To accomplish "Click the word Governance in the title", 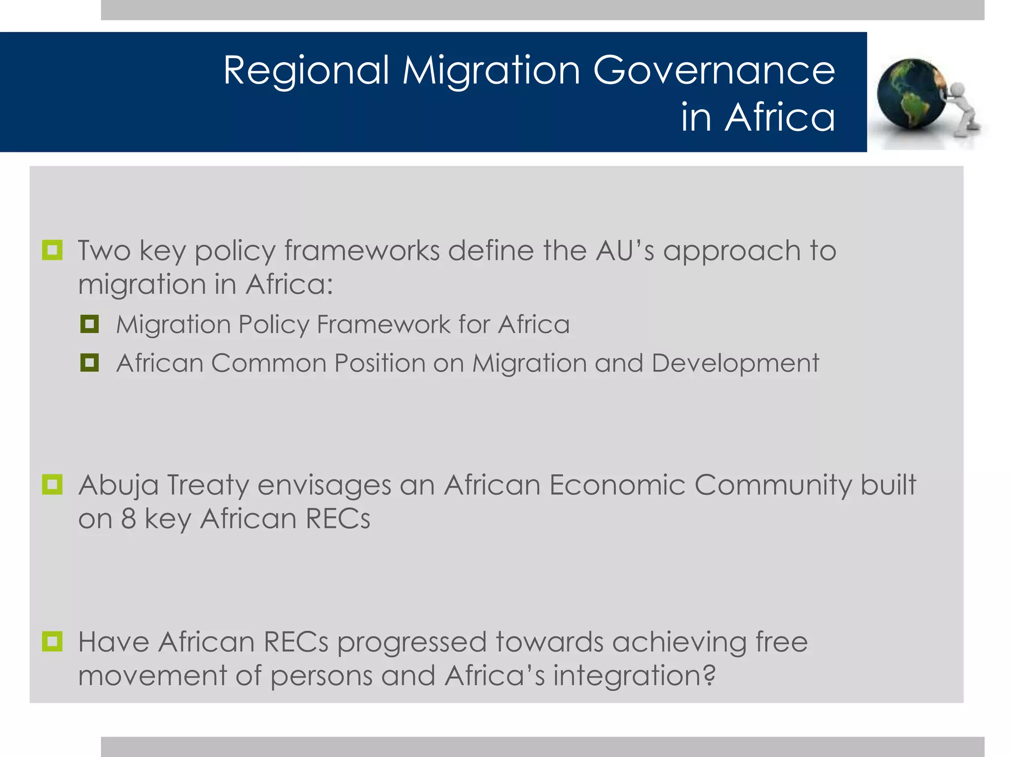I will [714, 70].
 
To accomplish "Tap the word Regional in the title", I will [306, 70].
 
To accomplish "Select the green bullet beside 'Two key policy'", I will [52, 250].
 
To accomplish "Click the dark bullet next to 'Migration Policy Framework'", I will [89, 324].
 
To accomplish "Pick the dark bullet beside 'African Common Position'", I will [89, 363].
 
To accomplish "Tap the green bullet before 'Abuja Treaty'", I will [52, 484].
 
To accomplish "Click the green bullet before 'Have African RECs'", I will [52, 641].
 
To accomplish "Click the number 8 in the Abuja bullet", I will [128, 518].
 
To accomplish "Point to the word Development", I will [735, 364].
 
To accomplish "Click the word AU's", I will [625, 250].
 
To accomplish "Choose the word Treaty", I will [208, 485].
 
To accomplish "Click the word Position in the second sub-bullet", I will [379, 364].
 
